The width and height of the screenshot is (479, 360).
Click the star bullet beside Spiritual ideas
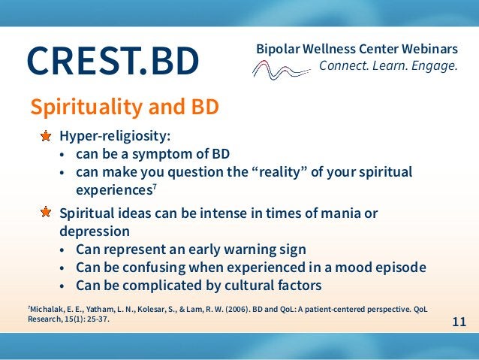(47, 213)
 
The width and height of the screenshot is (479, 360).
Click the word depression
(95, 231)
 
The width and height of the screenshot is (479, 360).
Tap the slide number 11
(459, 322)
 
